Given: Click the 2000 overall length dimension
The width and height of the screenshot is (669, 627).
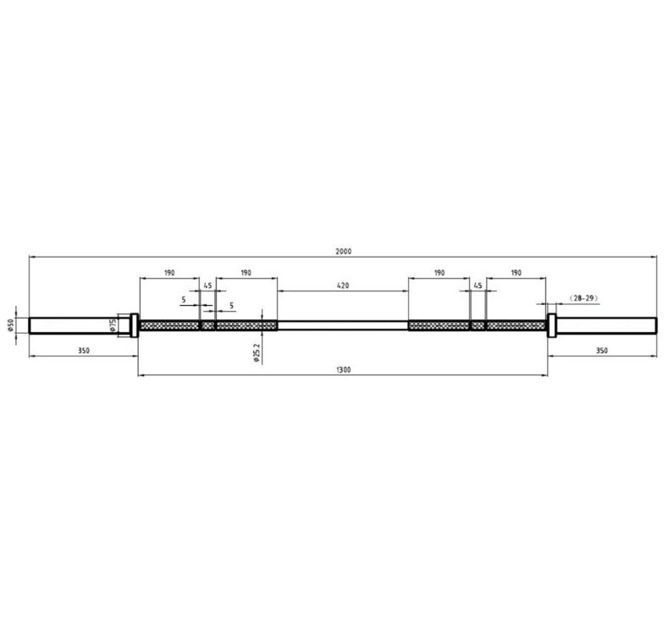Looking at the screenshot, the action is click(x=343, y=252).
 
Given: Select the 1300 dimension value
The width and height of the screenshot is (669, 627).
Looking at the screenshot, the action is click(x=343, y=369).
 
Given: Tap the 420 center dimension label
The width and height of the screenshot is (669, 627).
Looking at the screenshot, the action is click(x=343, y=286).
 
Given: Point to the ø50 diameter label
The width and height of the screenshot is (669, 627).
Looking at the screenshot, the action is click(x=11, y=325).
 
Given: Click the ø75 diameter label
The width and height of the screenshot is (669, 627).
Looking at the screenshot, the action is click(x=113, y=325).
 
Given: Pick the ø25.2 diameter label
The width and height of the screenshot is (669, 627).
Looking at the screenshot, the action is click(x=257, y=352).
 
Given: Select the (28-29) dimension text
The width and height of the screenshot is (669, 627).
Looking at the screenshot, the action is click(x=583, y=298).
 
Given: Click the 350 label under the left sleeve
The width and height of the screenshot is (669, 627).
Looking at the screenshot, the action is click(x=84, y=351).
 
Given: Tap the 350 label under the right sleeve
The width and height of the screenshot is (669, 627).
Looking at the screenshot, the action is click(x=601, y=351).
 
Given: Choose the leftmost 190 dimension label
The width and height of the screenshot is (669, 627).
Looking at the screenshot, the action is click(x=169, y=273).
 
